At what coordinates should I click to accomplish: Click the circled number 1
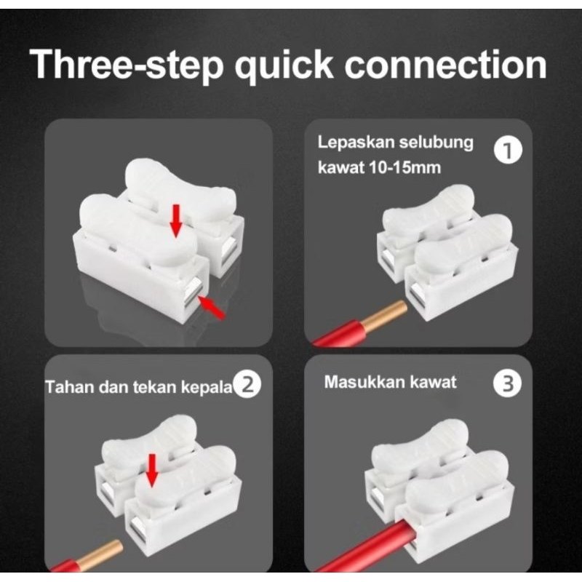[x=507, y=151]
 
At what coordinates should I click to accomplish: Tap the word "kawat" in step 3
[x=433, y=381]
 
